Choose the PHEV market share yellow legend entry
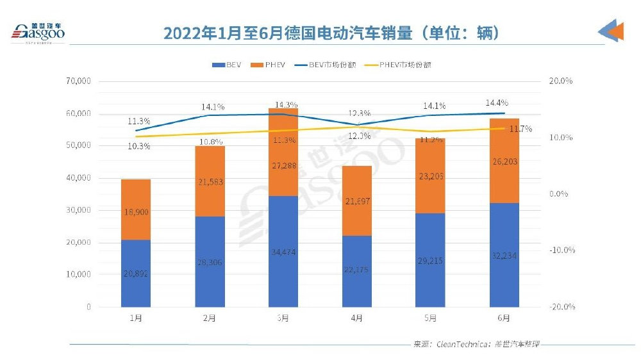pyautogui.click(x=395, y=65)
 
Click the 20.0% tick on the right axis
pyautogui.click(x=560, y=81)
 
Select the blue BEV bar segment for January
pyautogui.click(x=135, y=274)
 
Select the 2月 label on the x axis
pyautogui.click(x=210, y=318)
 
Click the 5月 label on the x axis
pyautogui.click(x=430, y=318)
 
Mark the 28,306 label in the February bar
pyautogui.click(x=210, y=261)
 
